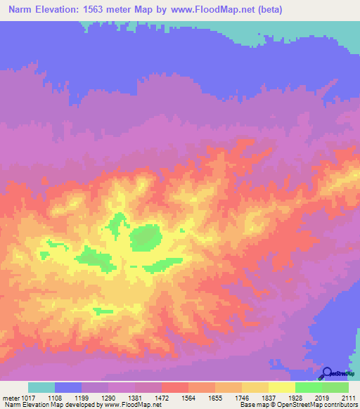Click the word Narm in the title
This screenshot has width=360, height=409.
point(22,10)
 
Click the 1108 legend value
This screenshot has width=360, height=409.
point(56,397)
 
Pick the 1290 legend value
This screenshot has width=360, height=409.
point(109,397)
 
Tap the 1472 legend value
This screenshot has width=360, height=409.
point(162,397)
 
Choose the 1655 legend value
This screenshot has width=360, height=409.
point(215,397)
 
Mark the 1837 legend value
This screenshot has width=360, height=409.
point(269,397)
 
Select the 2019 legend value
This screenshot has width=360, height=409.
point(322,397)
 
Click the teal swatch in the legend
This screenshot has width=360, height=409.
point(41,387)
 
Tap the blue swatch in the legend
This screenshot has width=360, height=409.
point(68,387)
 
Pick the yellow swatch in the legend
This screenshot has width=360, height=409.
point(282,387)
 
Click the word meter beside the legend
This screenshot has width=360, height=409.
point(11,397)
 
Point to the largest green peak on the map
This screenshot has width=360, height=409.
point(145,238)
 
